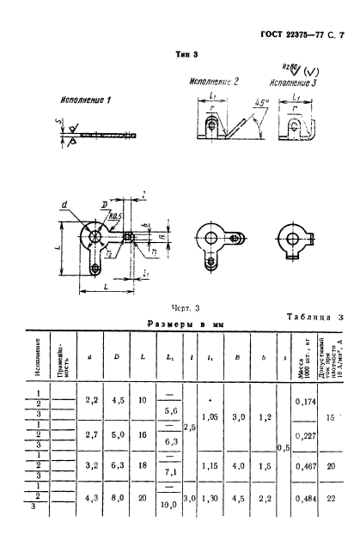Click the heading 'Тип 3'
click(187, 53)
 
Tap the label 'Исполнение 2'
click(213, 81)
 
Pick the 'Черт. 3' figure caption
click(186, 306)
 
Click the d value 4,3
click(93, 497)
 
